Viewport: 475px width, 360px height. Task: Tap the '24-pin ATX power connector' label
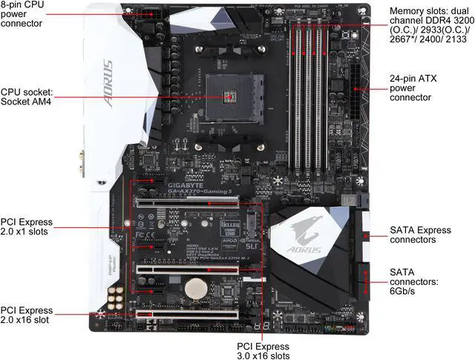click(x=422, y=86)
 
